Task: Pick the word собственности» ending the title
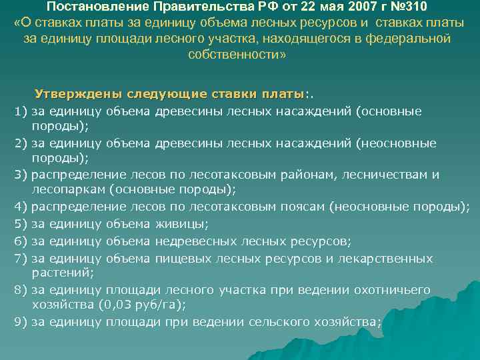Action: (240, 55)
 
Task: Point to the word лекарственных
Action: (388, 258)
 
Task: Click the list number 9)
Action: (20, 322)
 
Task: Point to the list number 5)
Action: (20, 223)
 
